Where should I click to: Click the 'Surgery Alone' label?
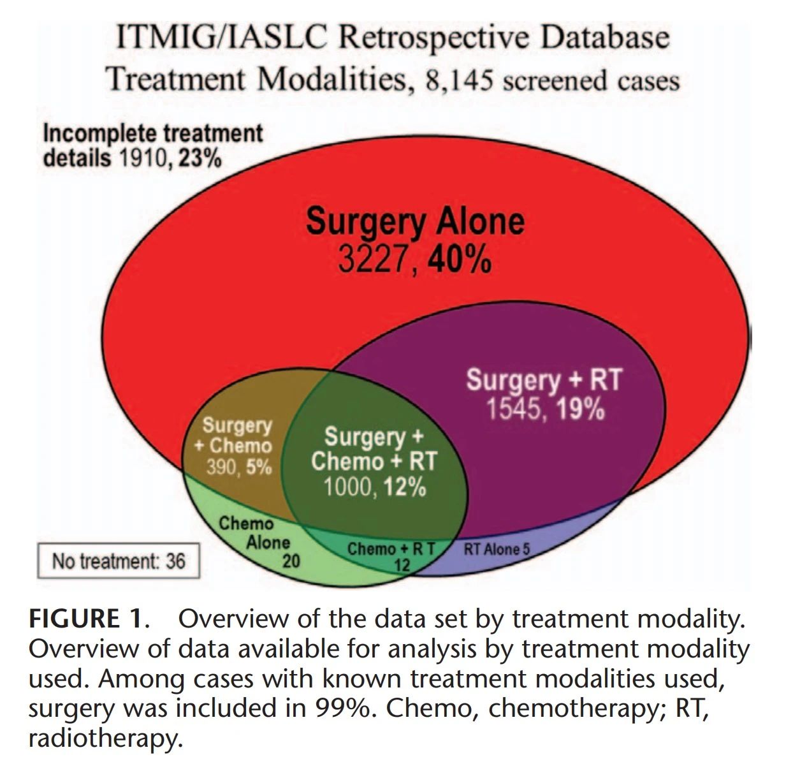click(x=415, y=222)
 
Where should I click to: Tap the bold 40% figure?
click(x=460, y=260)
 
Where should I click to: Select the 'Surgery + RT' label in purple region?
click(x=543, y=379)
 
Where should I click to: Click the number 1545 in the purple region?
click(x=514, y=409)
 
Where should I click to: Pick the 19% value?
click(x=579, y=409)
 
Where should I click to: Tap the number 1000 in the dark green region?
click(x=347, y=488)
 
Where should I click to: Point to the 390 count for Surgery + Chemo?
click(x=221, y=467)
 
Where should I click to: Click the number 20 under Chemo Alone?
click(x=291, y=561)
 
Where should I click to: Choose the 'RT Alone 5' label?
click(x=496, y=548)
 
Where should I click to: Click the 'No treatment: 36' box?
click(x=119, y=561)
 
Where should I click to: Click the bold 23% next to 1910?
click(x=200, y=158)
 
